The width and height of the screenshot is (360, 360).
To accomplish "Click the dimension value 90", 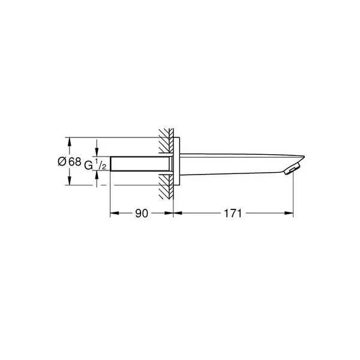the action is tap(142, 213).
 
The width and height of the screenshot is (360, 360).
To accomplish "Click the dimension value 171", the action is tap(233, 213).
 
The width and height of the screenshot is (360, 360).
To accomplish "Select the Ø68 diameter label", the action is tap(70, 161).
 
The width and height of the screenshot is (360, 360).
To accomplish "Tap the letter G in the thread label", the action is tap(88, 166).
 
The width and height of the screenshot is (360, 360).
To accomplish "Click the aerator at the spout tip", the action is tap(291, 170).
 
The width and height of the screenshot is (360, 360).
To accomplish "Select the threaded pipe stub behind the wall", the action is tap(141, 164).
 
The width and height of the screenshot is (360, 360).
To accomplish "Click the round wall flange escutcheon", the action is tap(176, 161).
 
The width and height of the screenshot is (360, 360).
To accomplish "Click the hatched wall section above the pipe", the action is tap(166, 141).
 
